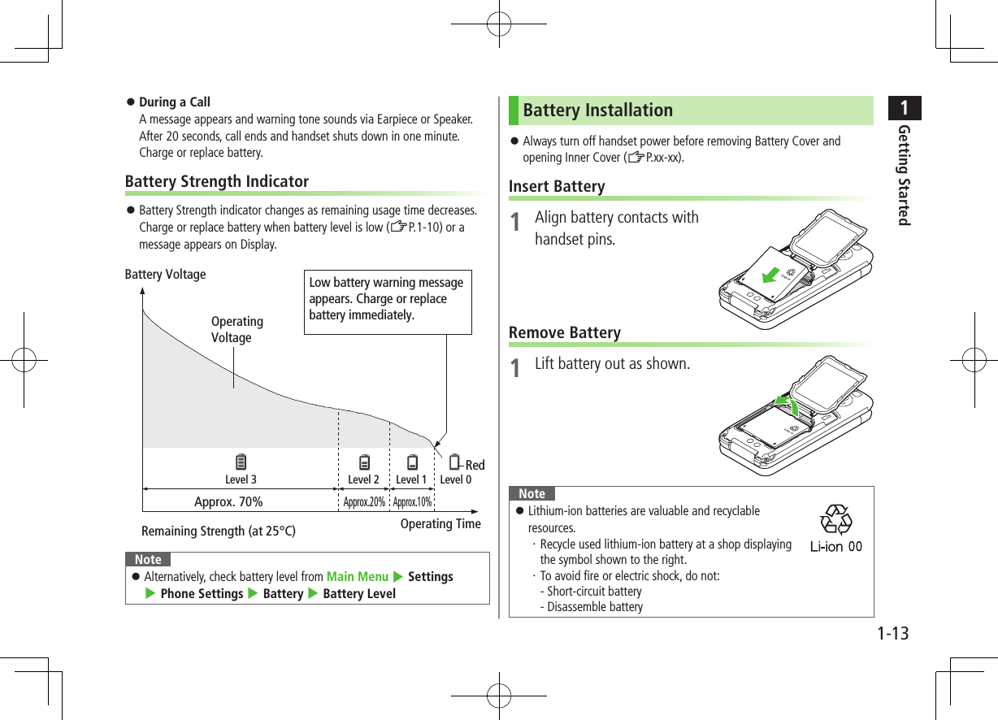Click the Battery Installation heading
pos(598,110)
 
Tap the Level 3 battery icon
pos(241,463)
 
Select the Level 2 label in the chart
pos(363,479)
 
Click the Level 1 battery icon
pos(413,463)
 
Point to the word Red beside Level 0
pos(475,465)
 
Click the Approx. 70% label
pos(228,501)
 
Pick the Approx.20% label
pos(364,502)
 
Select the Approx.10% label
pos(412,502)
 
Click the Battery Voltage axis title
pos(165,275)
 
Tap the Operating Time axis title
pos(440,524)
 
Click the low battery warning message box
pos(388,301)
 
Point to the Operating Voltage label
pos(236,330)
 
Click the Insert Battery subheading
pos(557,187)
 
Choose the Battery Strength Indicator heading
pos(216,181)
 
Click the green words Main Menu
pos(357,577)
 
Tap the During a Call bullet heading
pos(175,102)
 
